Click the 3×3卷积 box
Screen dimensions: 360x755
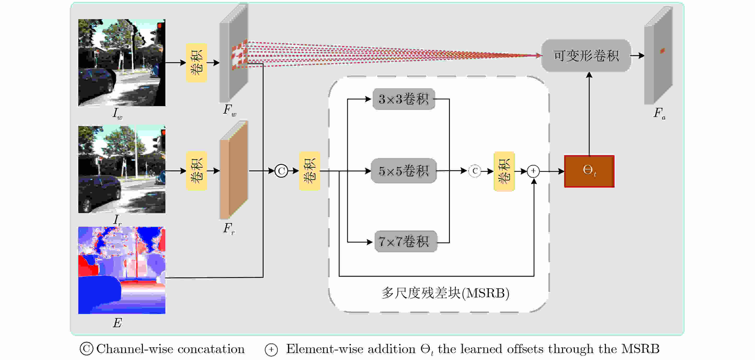click(404, 99)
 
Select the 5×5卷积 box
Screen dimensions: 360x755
click(404, 171)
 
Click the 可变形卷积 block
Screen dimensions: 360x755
click(586, 55)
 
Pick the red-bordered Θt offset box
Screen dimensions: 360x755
click(589, 171)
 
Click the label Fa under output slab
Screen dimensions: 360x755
click(659, 113)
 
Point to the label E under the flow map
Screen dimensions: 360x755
click(117, 323)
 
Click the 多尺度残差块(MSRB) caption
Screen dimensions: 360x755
click(445, 293)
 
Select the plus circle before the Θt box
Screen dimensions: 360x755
click(533, 171)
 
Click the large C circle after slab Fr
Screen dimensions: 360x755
click(281, 171)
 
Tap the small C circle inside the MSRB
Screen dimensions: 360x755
click(475, 171)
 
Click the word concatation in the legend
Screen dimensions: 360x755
click(211, 349)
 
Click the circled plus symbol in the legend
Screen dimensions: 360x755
click(271, 349)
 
